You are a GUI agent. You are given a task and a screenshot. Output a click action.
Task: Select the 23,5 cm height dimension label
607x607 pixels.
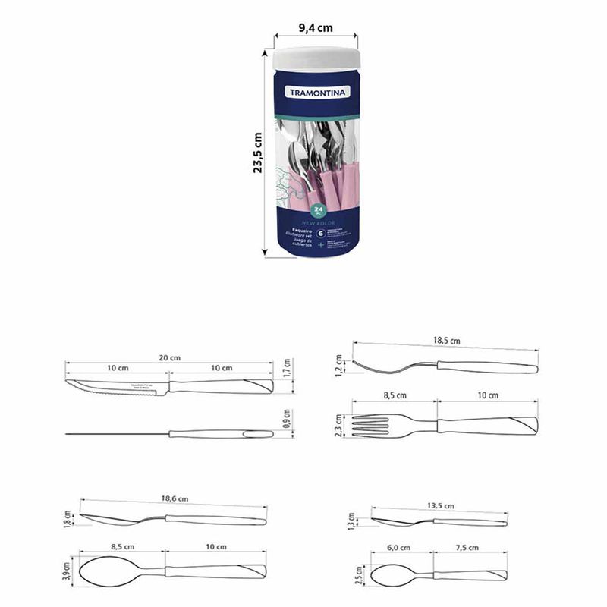point(258,153)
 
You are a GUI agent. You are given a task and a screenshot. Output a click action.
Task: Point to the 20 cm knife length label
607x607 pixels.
point(170,357)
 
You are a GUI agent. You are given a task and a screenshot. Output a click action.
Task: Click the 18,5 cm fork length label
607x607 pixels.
point(446,341)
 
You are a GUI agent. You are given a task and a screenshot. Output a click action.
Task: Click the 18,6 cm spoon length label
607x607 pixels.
point(174,499)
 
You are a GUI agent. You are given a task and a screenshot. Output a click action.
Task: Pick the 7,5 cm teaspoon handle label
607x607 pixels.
point(470,547)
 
